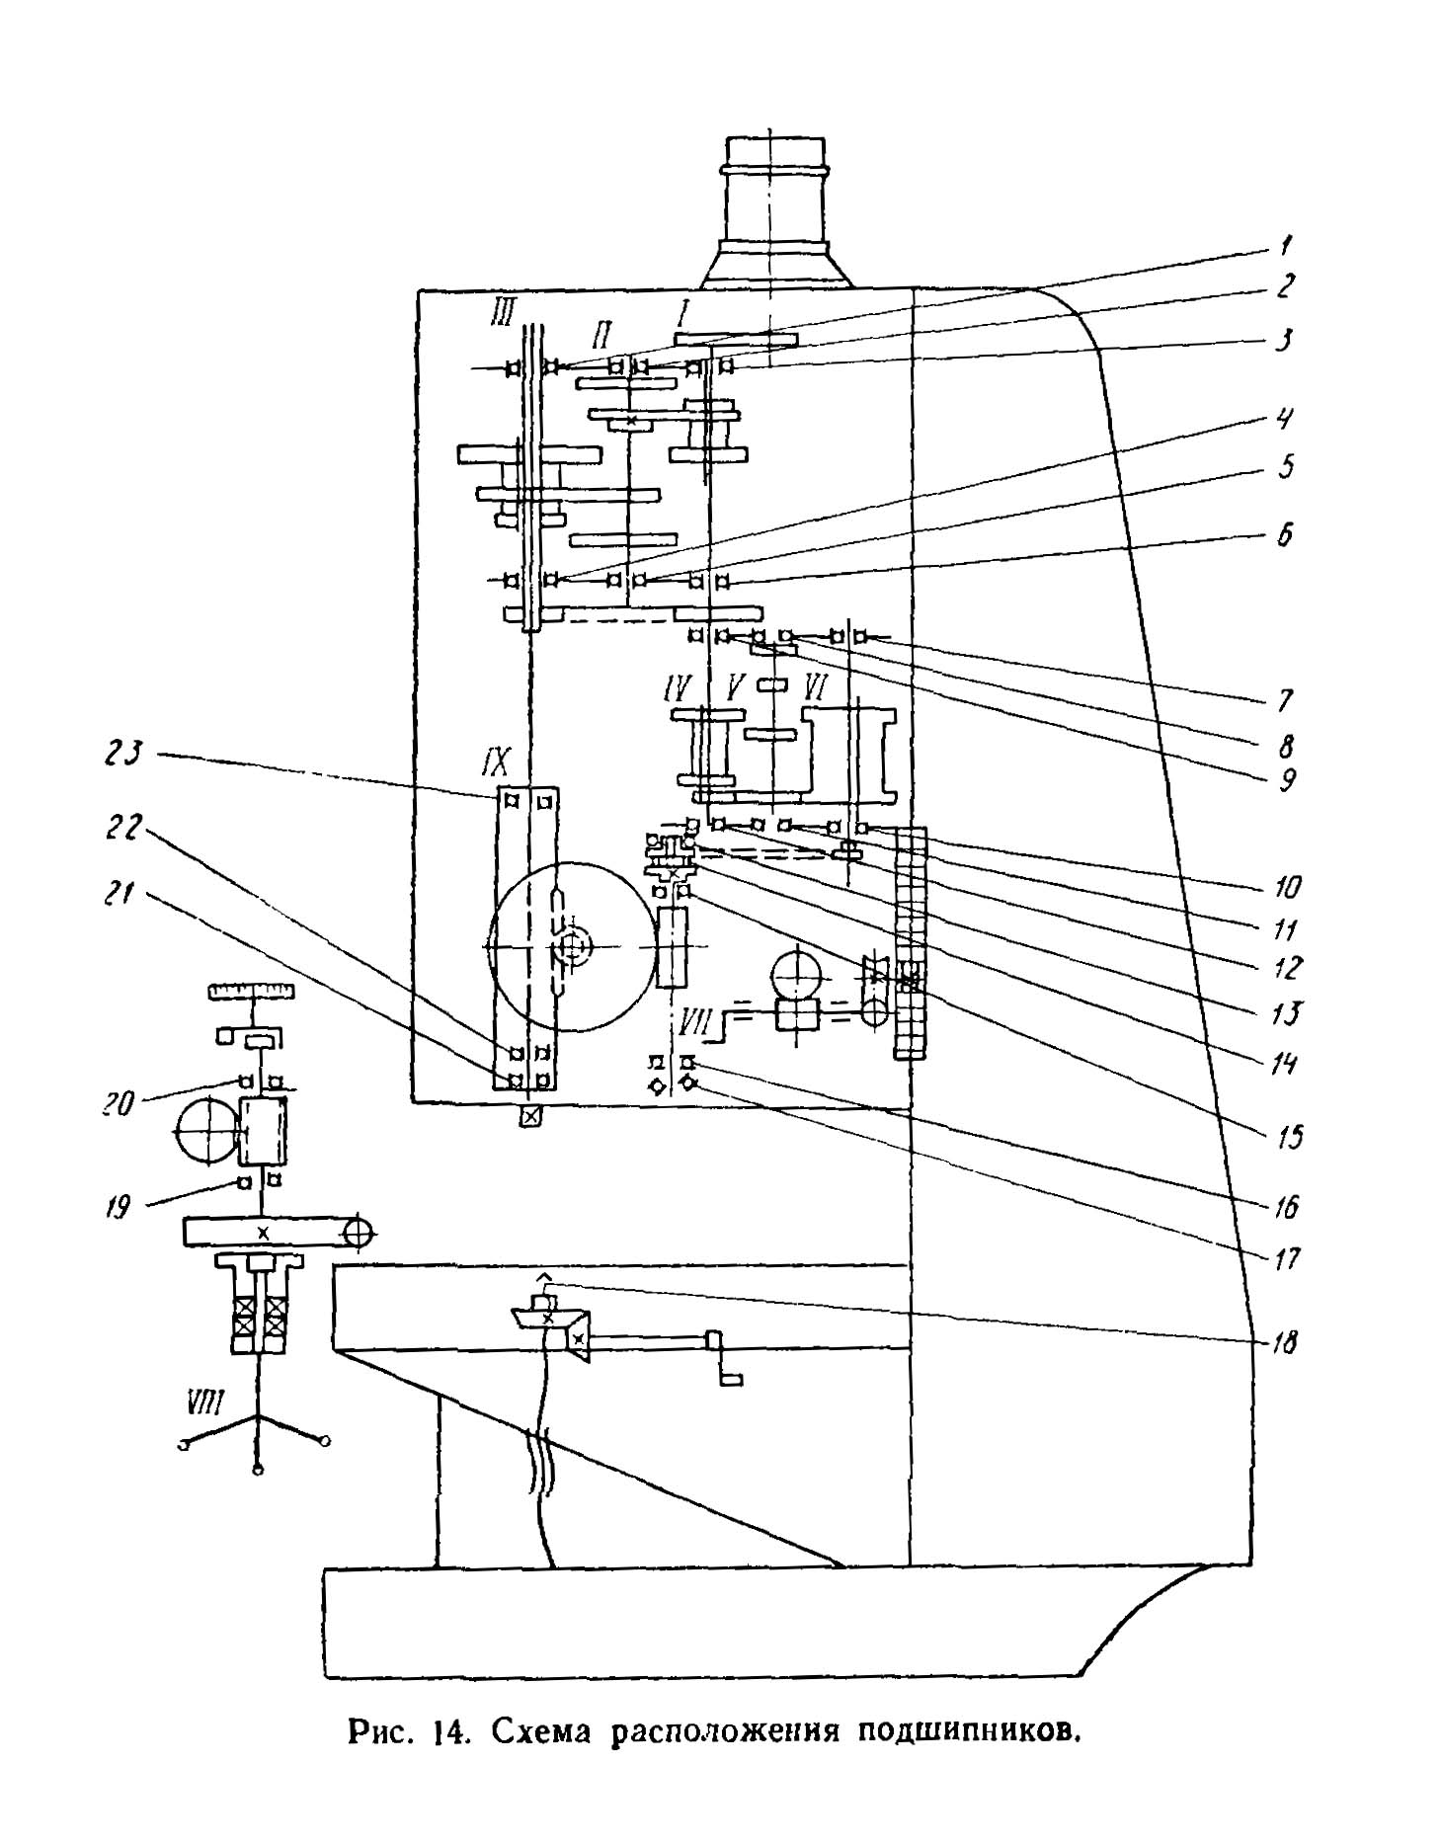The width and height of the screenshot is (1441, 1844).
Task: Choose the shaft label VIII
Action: pyautogui.click(x=208, y=1401)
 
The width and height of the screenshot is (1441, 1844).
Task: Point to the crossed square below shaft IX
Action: pyautogui.click(x=531, y=1117)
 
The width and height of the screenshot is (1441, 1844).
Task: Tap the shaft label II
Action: pyautogui.click(x=600, y=333)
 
